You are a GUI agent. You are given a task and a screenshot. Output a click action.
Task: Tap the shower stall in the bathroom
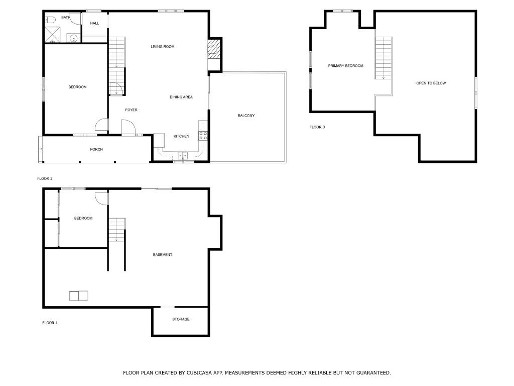[x=52, y=35]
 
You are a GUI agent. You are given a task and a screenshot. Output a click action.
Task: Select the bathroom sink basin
[x=74, y=38]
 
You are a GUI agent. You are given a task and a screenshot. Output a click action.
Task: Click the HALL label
[x=94, y=23]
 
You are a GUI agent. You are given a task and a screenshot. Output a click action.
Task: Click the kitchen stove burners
[x=203, y=136]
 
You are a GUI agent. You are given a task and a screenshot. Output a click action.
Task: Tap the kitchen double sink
[x=183, y=155]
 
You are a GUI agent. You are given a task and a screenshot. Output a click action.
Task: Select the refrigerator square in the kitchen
[x=159, y=140]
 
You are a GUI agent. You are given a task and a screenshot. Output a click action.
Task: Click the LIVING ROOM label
[x=163, y=47]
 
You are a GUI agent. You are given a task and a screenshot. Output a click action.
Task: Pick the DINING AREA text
[x=181, y=97]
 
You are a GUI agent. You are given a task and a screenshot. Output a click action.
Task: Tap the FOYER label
[x=131, y=110]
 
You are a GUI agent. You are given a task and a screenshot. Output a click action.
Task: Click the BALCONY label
[x=246, y=116]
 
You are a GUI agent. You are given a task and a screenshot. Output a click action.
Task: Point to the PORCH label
[x=96, y=149]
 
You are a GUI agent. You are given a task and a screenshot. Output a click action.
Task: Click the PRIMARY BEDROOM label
[x=345, y=66]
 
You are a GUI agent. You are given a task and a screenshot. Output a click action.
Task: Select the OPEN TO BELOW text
[x=431, y=83]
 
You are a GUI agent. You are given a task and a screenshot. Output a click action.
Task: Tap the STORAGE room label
[x=181, y=319]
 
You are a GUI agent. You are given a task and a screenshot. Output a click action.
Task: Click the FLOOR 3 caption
[x=317, y=127]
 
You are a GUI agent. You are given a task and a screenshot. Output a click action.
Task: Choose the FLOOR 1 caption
[x=50, y=323]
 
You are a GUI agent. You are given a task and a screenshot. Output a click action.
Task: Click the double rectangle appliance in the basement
[x=79, y=296]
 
